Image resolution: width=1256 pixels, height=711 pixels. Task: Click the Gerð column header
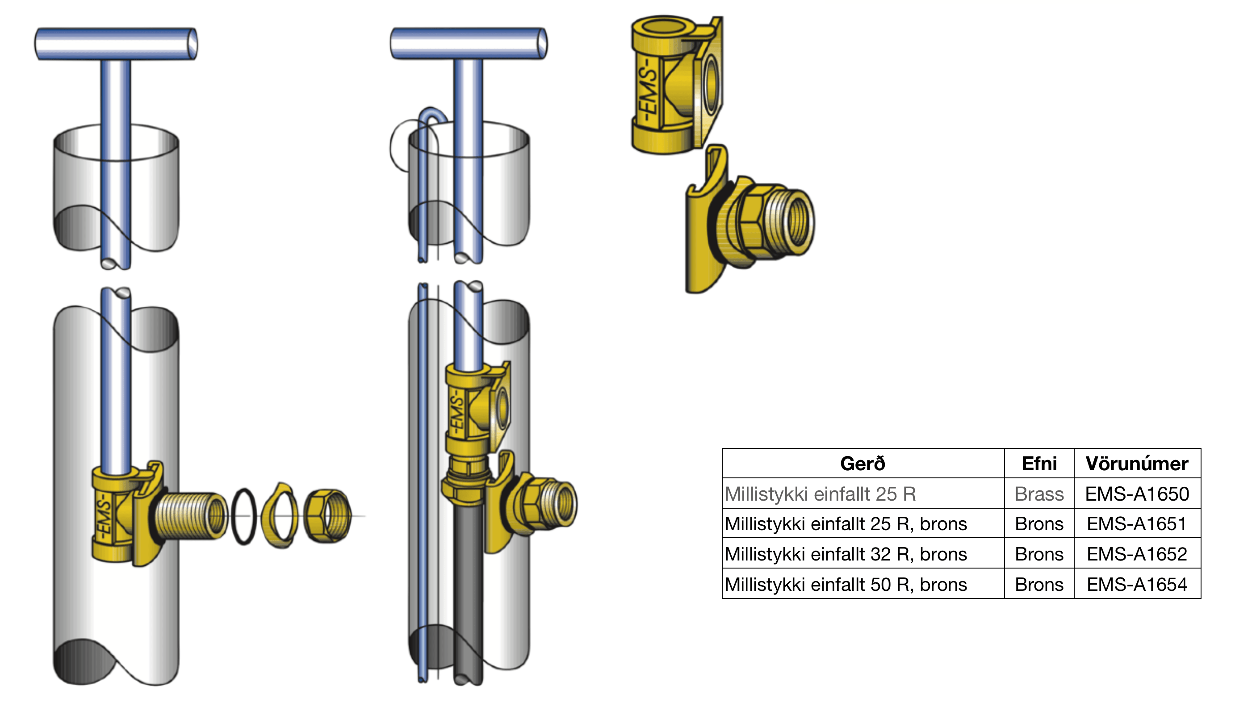click(x=862, y=464)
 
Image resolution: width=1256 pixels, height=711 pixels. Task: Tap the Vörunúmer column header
click(x=1137, y=464)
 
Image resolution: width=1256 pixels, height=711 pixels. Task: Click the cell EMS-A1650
click(x=1137, y=494)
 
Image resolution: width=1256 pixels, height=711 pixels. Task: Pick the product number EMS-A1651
click(x=1137, y=523)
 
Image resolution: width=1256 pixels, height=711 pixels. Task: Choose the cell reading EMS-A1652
click(x=1137, y=554)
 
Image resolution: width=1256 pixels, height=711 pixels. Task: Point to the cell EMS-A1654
click(x=1137, y=584)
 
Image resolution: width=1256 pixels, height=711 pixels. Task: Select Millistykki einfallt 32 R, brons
click(x=846, y=554)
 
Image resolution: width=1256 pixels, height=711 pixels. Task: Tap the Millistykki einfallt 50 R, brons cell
click(x=846, y=584)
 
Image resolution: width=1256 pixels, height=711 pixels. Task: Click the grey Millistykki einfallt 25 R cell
click(x=821, y=494)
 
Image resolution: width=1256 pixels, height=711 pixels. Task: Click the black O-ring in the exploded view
click(x=244, y=516)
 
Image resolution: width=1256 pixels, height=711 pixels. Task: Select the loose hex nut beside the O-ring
click(x=327, y=516)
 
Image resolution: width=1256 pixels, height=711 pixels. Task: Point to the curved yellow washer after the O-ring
click(x=281, y=516)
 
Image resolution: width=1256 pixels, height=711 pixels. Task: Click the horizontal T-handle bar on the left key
click(x=116, y=44)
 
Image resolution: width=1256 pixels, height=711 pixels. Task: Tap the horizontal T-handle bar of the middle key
click(x=469, y=43)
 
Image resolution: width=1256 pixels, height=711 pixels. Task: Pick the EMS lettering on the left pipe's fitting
click(x=104, y=519)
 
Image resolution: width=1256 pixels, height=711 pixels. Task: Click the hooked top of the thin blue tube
click(x=432, y=115)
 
